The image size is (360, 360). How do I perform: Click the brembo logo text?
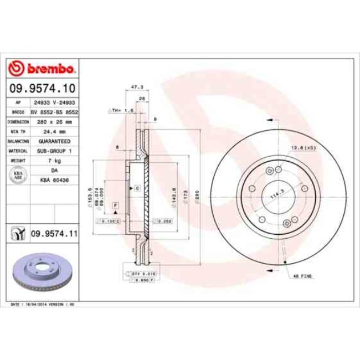tap(49, 69)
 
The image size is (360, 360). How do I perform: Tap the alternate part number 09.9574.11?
tap(54, 235)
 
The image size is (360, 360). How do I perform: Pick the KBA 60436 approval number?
tap(54, 180)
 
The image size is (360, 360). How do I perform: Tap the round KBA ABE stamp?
tap(17, 175)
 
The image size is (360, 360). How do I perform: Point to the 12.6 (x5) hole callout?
tap(303, 147)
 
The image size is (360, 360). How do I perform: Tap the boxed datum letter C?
tap(136, 189)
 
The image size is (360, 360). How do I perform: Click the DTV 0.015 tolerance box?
tap(136, 274)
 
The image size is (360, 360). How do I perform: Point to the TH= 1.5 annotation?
tap(121, 111)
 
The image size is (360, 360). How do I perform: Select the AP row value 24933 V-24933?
tap(54, 102)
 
